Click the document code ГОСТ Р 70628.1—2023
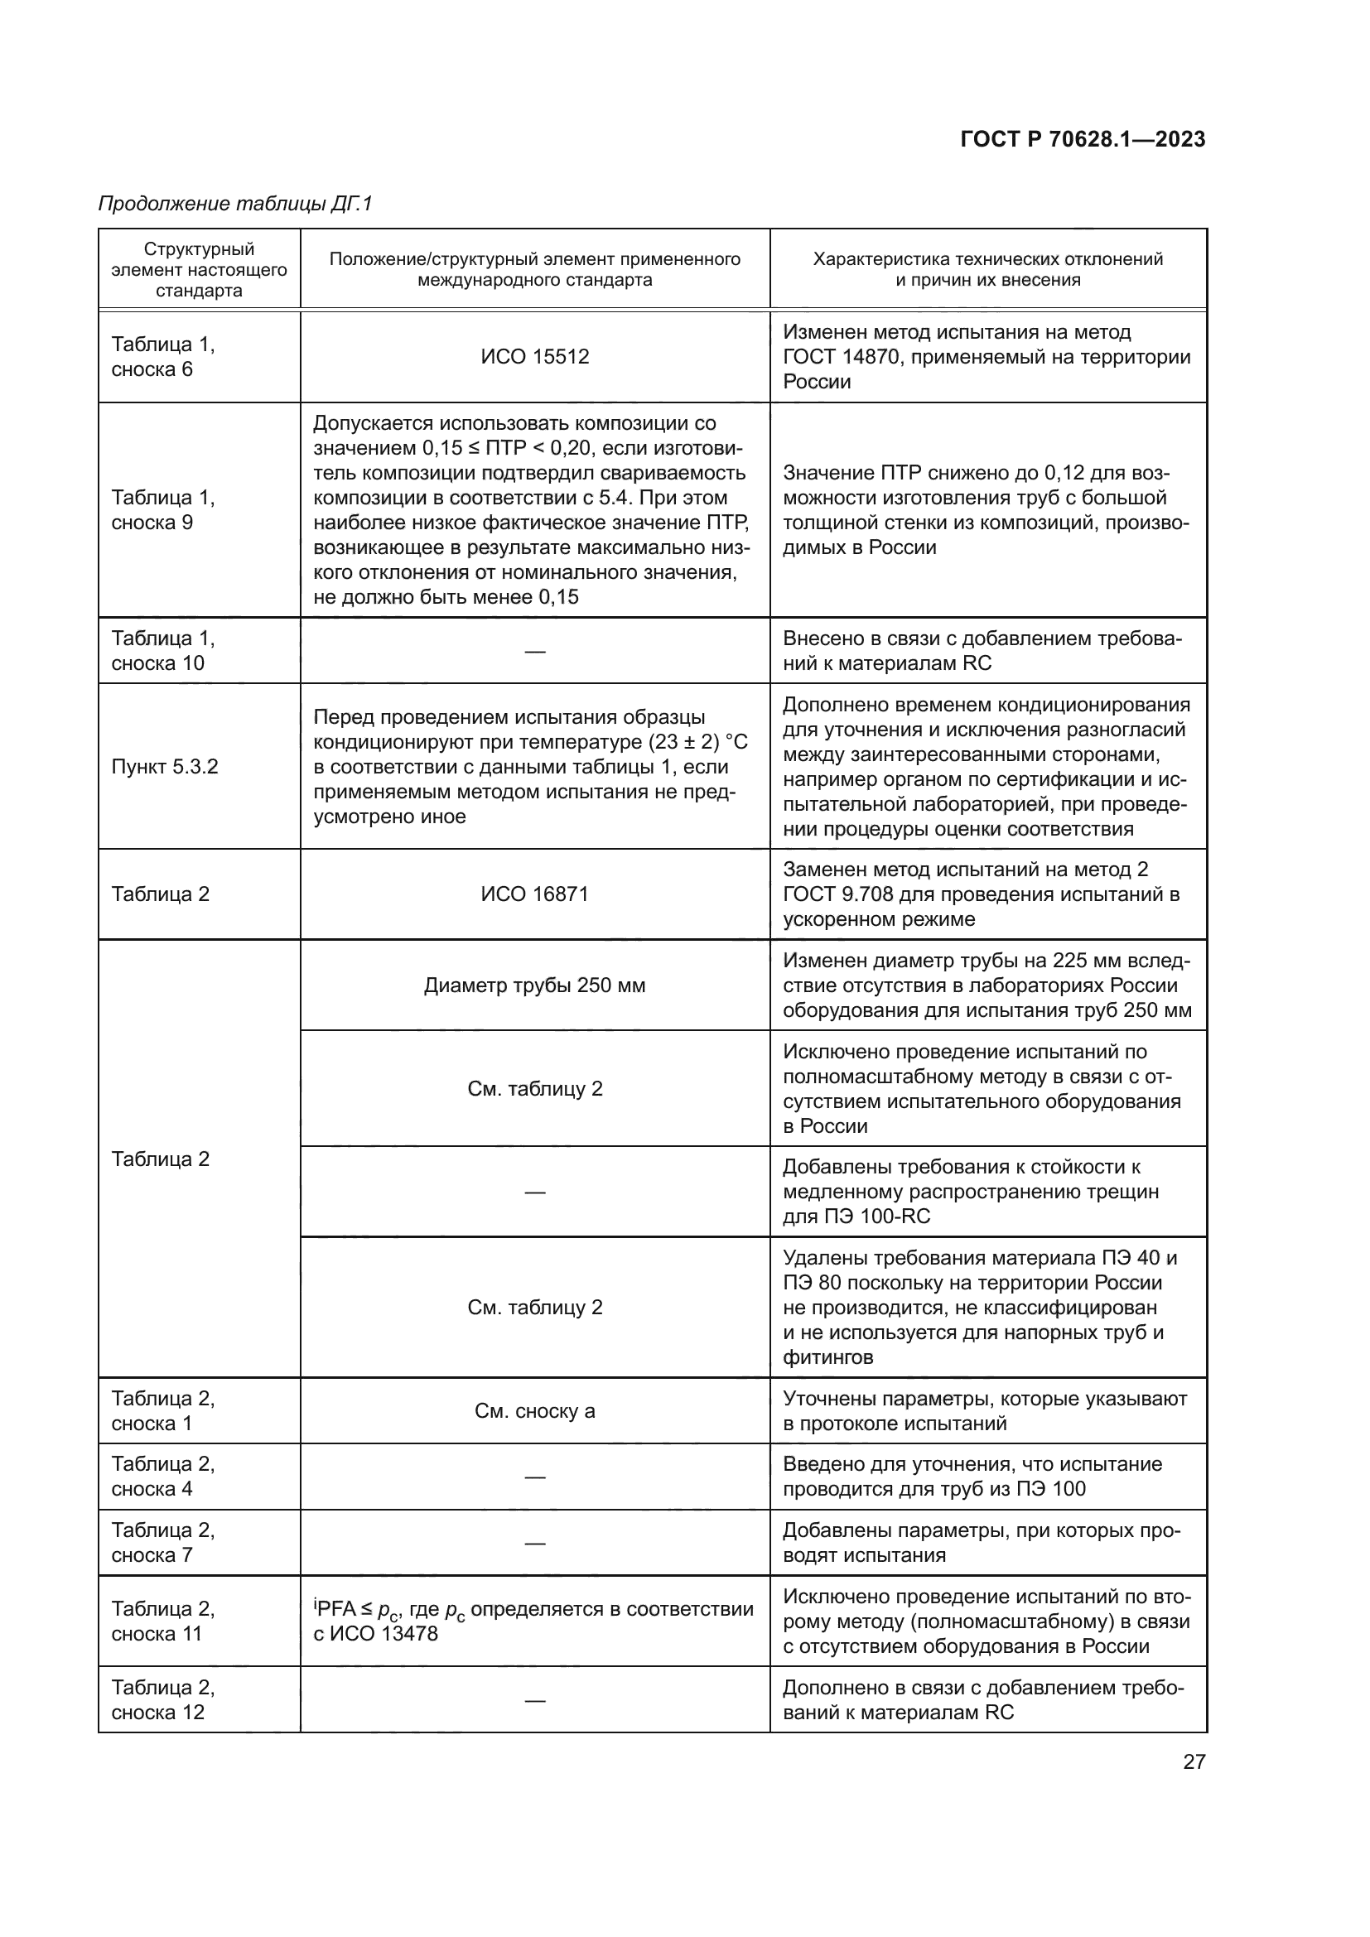(1083, 140)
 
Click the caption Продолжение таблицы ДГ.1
(235, 204)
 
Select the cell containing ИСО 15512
(535, 357)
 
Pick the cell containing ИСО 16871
(535, 894)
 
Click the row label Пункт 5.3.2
(165, 767)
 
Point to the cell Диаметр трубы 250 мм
(535, 985)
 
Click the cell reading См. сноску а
(535, 1410)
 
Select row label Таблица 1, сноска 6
(163, 357)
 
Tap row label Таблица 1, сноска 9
(163, 509)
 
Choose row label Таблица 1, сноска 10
(163, 650)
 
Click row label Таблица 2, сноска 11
(163, 1621)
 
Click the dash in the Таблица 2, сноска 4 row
(535, 1477)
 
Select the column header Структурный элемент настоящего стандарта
(199, 270)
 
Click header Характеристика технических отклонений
(987, 260)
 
